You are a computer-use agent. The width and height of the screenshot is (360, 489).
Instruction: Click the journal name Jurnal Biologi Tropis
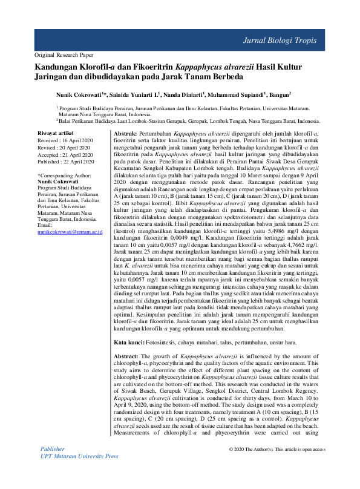point(284,41)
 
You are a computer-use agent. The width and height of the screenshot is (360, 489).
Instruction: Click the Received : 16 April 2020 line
point(66,139)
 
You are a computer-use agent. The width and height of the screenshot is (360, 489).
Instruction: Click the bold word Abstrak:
point(125,132)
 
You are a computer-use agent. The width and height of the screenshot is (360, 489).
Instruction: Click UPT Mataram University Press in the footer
point(79,473)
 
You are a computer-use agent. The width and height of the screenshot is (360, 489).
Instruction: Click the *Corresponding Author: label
point(68,174)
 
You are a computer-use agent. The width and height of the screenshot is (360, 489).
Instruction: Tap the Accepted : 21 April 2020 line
point(65,154)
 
